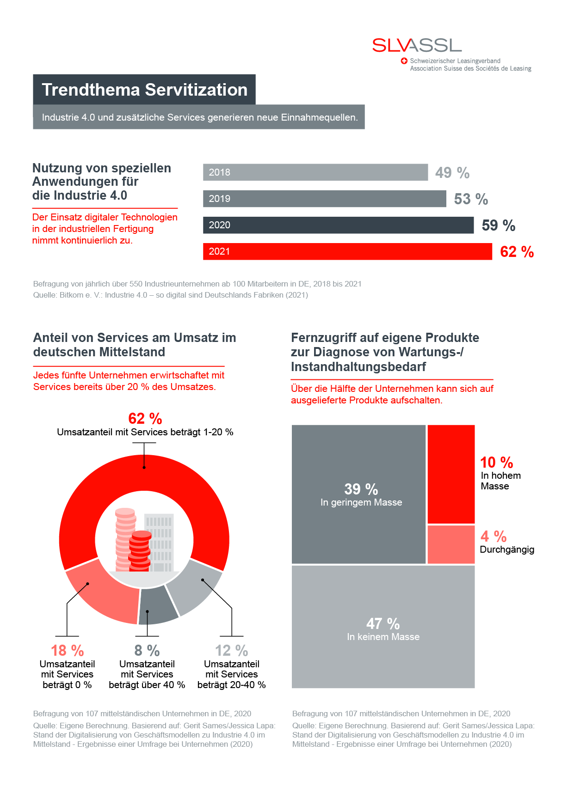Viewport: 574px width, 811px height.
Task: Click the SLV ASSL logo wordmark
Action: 417,45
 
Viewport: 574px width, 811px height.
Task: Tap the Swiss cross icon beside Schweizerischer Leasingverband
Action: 404,61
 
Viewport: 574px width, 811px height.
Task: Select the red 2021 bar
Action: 347,251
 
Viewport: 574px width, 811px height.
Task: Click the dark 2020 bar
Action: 338,225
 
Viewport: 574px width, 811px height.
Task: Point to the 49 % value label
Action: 452,173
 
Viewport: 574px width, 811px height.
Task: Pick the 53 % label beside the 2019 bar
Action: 470,199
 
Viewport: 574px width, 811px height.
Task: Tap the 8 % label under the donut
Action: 147,651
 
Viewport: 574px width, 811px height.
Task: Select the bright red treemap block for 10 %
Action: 451,474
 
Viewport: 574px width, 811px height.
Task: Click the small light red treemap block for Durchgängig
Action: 451,544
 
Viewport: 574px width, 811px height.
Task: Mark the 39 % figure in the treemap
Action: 361,489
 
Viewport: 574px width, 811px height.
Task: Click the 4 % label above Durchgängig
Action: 493,537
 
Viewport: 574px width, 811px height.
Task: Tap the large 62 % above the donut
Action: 145,419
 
